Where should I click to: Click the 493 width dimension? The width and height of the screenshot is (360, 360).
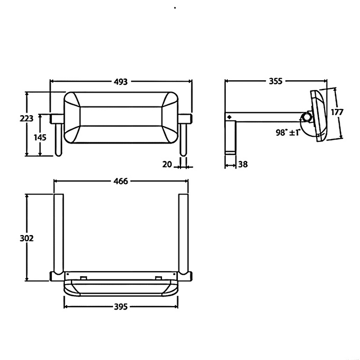(121, 81)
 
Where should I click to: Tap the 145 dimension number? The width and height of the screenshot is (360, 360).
(41, 137)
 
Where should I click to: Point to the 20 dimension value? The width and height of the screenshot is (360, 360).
(166, 165)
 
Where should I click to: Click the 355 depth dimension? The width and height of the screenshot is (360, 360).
(276, 81)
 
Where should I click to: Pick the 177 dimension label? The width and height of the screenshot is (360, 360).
(337, 113)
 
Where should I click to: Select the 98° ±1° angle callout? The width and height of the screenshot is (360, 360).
(288, 132)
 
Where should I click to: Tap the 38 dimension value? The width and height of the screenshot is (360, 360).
(243, 165)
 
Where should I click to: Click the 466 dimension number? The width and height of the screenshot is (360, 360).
(121, 181)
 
